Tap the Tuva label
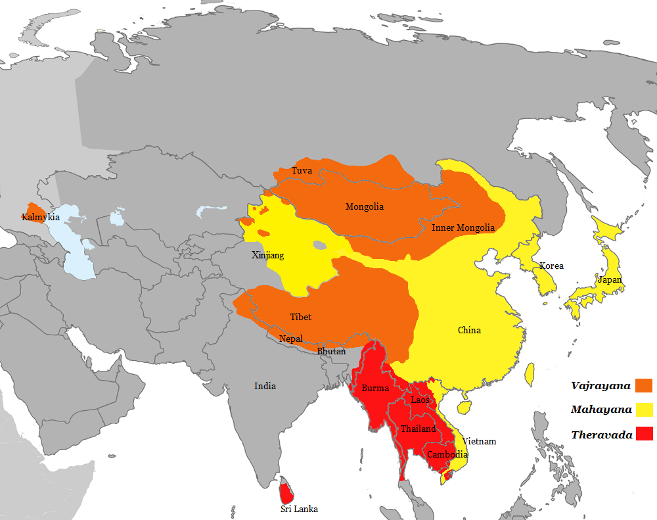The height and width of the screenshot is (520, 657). pyautogui.click(x=302, y=171)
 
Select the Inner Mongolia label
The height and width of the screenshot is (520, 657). pyautogui.click(x=463, y=228)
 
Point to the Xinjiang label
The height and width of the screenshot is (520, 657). pyautogui.click(x=268, y=255)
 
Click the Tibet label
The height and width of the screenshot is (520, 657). pyautogui.click(x=301, y=317)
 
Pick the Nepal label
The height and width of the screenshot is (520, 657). pyautogui.click(x=291, y=339)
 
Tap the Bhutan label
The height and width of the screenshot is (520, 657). pyautogui.click(x=331, y=352)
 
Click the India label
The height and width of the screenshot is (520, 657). pyautogui.click(x=265, y=386)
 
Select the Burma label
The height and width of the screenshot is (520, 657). pyautogui.click(x=375, y=388)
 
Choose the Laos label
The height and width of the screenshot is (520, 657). pyautogui.click(x=420, y=400)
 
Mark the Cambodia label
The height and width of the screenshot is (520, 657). pyautogui.click(x=447, y=454)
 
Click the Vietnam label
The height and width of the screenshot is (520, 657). pyautogui.click(x=479, y=441)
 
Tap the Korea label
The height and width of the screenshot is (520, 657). pyautogui.click(x=551, y=266)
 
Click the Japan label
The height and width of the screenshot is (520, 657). pyautogui.click(x=610, y=279)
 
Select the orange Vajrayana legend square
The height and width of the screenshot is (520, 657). pyautogui.click(x=645, y=386)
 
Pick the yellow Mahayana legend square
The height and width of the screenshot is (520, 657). pyautogui.click(x=645, y=410)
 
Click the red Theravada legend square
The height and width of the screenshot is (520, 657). pyautogui.click(x=645, y=434)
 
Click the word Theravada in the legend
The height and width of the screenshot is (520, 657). pyautogui.click(x=602, y=435)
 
